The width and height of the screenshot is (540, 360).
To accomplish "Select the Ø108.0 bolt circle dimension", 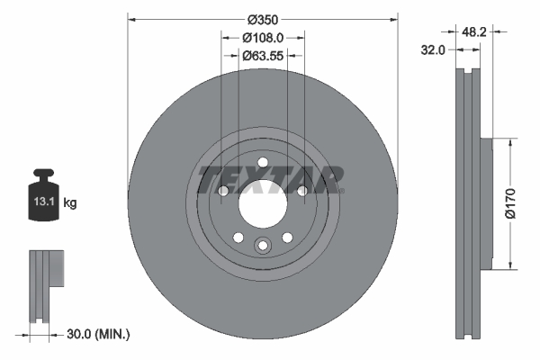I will pyautogui.click(x=263, y=37).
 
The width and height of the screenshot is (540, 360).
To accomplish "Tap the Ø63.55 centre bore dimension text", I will pyautogui.click(x=263, y=55).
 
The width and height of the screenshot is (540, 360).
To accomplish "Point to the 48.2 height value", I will pyautogui.click(x=473, y=31).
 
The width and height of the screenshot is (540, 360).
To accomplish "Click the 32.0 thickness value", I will pyautogui.click(x=436, y=50).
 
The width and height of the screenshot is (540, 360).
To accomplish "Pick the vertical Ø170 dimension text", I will pyautogui.click(x=510, y=203).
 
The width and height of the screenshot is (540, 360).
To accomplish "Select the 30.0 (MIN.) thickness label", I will pyautogui.click(x=99, y=334).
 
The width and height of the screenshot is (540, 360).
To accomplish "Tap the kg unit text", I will pyautogui.click(x=70, y=203).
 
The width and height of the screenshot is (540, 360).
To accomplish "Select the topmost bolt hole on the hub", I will pyautogui.click(x=263, y=163).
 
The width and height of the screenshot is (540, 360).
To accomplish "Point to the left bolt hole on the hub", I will pyautogui.click(x=224, y=191).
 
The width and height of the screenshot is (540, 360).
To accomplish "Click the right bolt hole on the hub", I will pyautogui.click(x=302, y=191).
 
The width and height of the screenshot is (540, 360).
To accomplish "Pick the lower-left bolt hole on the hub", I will pyautogui.click(x=238, y=237).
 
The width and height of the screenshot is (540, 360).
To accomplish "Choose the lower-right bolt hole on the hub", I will pyautogui.click(x=287, y=237).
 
